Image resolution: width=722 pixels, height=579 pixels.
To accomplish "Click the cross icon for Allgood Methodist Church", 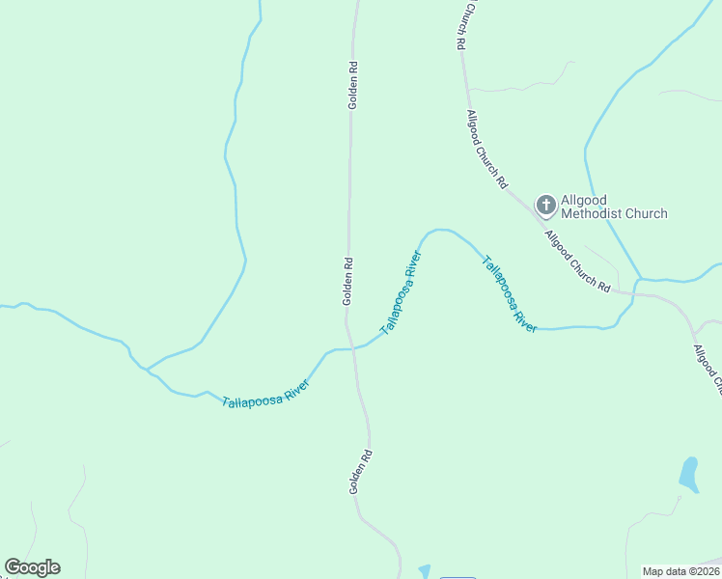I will [545, 205].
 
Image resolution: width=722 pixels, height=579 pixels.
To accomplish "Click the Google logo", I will [32, 567].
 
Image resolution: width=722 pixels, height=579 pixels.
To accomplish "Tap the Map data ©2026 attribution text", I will [681, 571].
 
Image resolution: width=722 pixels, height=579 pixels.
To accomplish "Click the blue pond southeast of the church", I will [688, 474].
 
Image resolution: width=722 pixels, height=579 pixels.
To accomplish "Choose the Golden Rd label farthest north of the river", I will [353, 85].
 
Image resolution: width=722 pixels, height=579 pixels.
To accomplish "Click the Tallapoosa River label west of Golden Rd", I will [265, 394].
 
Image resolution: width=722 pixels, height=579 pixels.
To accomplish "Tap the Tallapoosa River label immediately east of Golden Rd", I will [402, 292].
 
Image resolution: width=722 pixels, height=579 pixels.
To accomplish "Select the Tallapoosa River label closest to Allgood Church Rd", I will [510, 294].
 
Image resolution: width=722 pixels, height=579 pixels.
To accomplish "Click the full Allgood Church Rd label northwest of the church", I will [486, 149].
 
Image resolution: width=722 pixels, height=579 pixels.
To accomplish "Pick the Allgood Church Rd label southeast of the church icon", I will [577, 262].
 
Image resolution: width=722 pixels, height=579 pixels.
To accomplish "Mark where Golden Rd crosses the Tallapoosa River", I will [351, 348].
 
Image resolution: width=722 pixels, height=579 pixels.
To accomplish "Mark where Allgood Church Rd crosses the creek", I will [636, 287].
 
